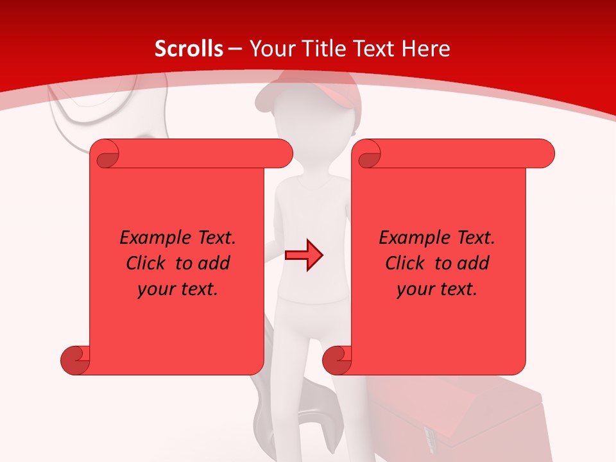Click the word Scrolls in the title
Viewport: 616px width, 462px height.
tap(189, 49)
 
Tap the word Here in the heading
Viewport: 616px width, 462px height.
tap(425, 49)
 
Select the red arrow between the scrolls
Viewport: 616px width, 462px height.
tap(304, 255)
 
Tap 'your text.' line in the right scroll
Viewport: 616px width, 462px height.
tap(437, 289)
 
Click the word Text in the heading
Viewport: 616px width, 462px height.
tap(373, 49)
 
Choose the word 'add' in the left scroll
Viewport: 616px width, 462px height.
tap(214, 263)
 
